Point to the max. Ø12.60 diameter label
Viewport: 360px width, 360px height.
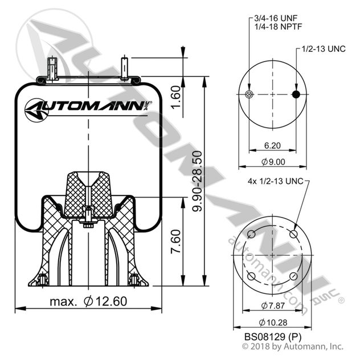coord(87,300)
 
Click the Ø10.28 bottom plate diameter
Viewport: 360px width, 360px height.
coord(272,323)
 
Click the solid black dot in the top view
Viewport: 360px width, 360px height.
coord(296,95)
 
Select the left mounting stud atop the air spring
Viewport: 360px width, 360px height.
coord(52,69)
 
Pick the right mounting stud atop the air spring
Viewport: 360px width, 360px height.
coord(124,67)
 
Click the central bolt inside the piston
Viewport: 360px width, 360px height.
coord(88,217)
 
